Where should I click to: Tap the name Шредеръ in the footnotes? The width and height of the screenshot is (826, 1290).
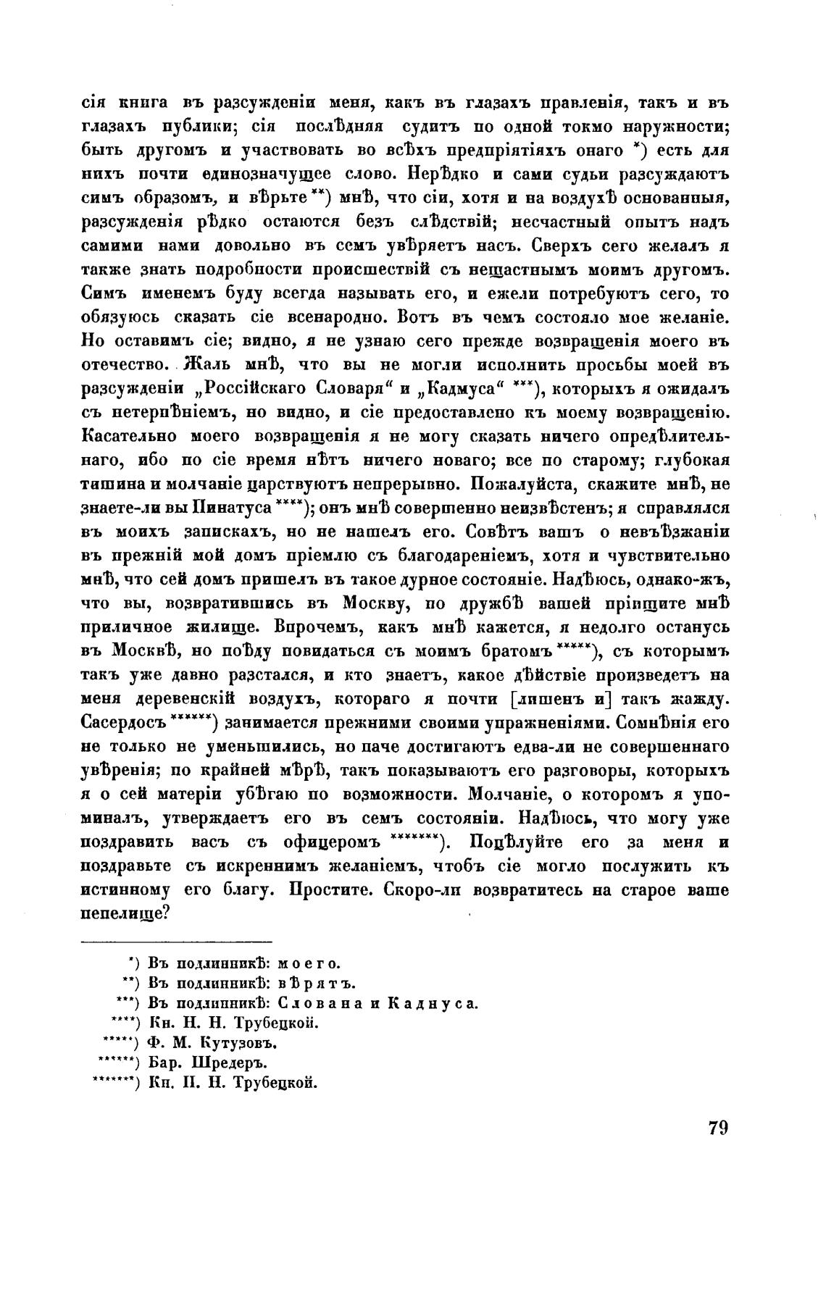(233, 1063)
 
